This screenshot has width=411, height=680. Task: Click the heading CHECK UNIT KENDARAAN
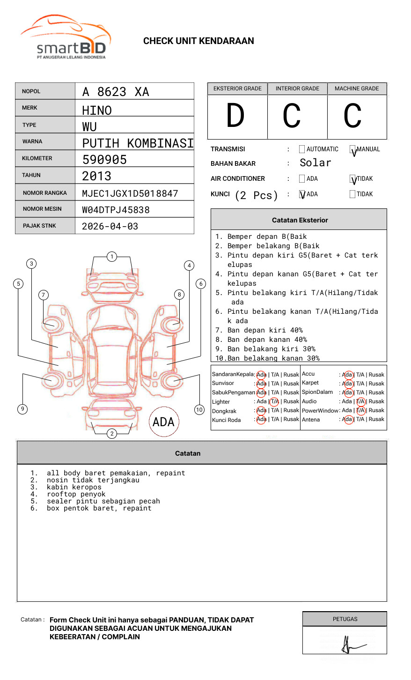click(198, 41)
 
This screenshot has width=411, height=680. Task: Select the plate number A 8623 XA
click(116, 92)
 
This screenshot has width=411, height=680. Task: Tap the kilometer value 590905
click(104, 160)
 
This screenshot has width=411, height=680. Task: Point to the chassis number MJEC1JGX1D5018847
click(130, 193)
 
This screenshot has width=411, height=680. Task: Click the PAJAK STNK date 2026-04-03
click(110, 227)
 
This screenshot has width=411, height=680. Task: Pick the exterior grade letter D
click(235, 116)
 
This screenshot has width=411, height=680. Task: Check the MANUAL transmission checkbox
click(353, 150)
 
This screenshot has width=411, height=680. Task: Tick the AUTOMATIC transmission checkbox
click(302, 149)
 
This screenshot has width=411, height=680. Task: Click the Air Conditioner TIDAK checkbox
click(353, 179)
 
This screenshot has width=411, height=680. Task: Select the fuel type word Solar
click(316, 163)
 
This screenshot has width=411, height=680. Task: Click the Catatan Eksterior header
click(300, 220)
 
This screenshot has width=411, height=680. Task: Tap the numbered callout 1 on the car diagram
click(111, 257)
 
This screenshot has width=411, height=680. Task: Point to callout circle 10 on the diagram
click(199, 410)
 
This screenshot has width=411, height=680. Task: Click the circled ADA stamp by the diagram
click(163, 422)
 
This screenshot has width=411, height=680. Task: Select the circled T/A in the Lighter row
click(274, 401)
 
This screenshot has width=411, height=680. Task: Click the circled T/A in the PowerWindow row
click(360, 410)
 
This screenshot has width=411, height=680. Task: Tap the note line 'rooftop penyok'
click(76, 494)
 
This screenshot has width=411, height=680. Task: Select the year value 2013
click(97, 176)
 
